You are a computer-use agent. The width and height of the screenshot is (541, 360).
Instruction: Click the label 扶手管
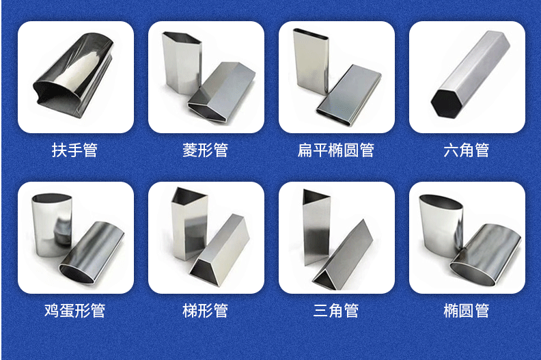coord(74,150)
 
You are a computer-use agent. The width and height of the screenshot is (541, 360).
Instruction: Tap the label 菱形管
coord(206,150)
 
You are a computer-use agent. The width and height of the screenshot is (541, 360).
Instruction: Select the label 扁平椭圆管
coord(335,150)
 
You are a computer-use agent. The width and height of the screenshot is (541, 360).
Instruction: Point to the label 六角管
coord(467,150)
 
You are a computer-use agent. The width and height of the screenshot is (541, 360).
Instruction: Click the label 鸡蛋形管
coord(74,311)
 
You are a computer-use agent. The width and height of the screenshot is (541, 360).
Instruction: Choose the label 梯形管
coord(206,311)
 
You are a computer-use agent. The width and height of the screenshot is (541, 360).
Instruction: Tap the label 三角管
coord(335,311)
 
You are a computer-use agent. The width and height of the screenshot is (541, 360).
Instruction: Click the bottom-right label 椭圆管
coord(467,311)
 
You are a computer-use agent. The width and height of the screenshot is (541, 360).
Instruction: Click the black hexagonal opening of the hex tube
coord(446,104)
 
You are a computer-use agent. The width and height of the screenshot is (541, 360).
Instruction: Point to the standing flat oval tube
coord(311,61)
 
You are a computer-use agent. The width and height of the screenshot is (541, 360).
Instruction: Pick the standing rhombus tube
coord(182,63)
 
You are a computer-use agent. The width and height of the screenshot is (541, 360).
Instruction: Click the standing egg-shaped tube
coord(52,225)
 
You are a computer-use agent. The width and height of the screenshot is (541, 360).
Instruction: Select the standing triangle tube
coord(316,227)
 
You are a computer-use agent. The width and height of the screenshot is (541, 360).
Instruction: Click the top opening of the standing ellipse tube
coord(441,202)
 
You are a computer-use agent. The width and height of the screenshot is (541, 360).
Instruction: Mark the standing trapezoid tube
coord(189,223)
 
